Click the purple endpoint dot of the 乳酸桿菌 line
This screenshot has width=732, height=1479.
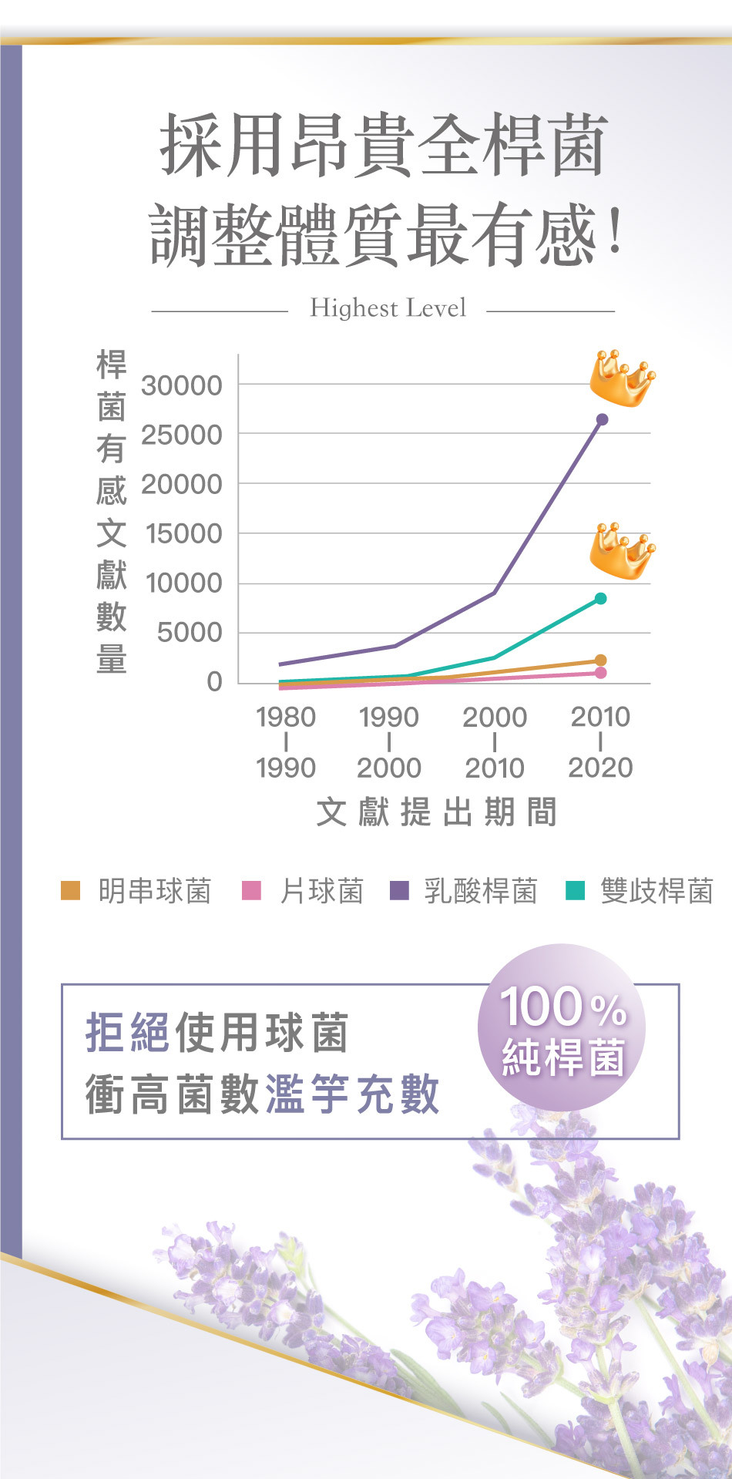[x=603, y=419]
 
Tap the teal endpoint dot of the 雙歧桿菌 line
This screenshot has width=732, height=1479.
[x=601, y=599]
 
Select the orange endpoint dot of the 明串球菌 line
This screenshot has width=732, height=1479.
[x=601, y=661]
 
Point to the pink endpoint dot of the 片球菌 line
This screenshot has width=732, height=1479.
[x=601, y=673]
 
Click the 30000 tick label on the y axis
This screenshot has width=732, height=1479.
[x=181, y=385]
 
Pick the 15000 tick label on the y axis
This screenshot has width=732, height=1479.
[x=183, y=533]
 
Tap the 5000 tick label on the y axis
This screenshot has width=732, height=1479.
[x=190, y=633]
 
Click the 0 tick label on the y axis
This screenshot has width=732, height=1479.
[x=213, y=682]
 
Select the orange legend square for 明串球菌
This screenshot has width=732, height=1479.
[x=70, y=890]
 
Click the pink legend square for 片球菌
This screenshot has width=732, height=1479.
[x=252, y=890]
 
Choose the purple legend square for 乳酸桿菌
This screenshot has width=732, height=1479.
[x=399, y=890]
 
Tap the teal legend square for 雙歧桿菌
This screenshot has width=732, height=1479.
[x=575, y=890]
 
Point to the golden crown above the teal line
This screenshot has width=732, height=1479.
[x=622, y=550]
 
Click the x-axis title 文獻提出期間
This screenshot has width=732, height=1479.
[x=436, y=812]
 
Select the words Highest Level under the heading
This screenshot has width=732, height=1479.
[x=388, y=308]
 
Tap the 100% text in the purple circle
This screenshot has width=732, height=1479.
[x=562, y=1007]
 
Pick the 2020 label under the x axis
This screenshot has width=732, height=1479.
[x=600, y=768]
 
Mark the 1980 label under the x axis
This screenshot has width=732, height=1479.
[x=286, y=717]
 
